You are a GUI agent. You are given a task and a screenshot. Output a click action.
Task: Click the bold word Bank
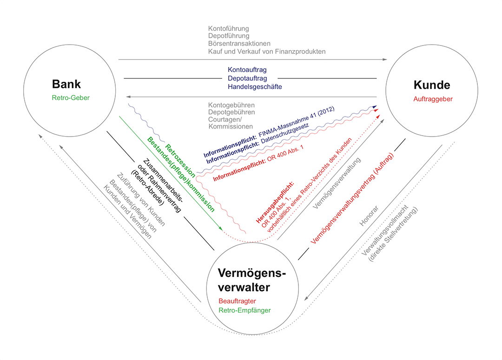(x=66, y=84)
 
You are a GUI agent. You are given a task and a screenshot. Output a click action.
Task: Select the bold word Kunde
(x=432, y=85)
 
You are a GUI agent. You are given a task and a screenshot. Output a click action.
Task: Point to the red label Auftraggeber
(x=432, y=98)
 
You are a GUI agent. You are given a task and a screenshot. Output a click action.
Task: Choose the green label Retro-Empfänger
(x=244, y=310)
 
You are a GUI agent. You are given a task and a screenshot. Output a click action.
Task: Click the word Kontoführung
(x=229, y=29)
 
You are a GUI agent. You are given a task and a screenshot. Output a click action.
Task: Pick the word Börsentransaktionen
(x=239, y=44)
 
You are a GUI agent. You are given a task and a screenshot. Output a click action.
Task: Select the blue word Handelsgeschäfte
(x=255, y=86)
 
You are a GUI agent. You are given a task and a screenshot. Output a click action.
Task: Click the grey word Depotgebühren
(x=231, y=112)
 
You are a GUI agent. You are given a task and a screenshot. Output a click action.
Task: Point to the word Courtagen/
(x=225, y=119)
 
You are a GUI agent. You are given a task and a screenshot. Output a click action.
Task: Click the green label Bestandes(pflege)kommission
(x=181, y=175)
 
